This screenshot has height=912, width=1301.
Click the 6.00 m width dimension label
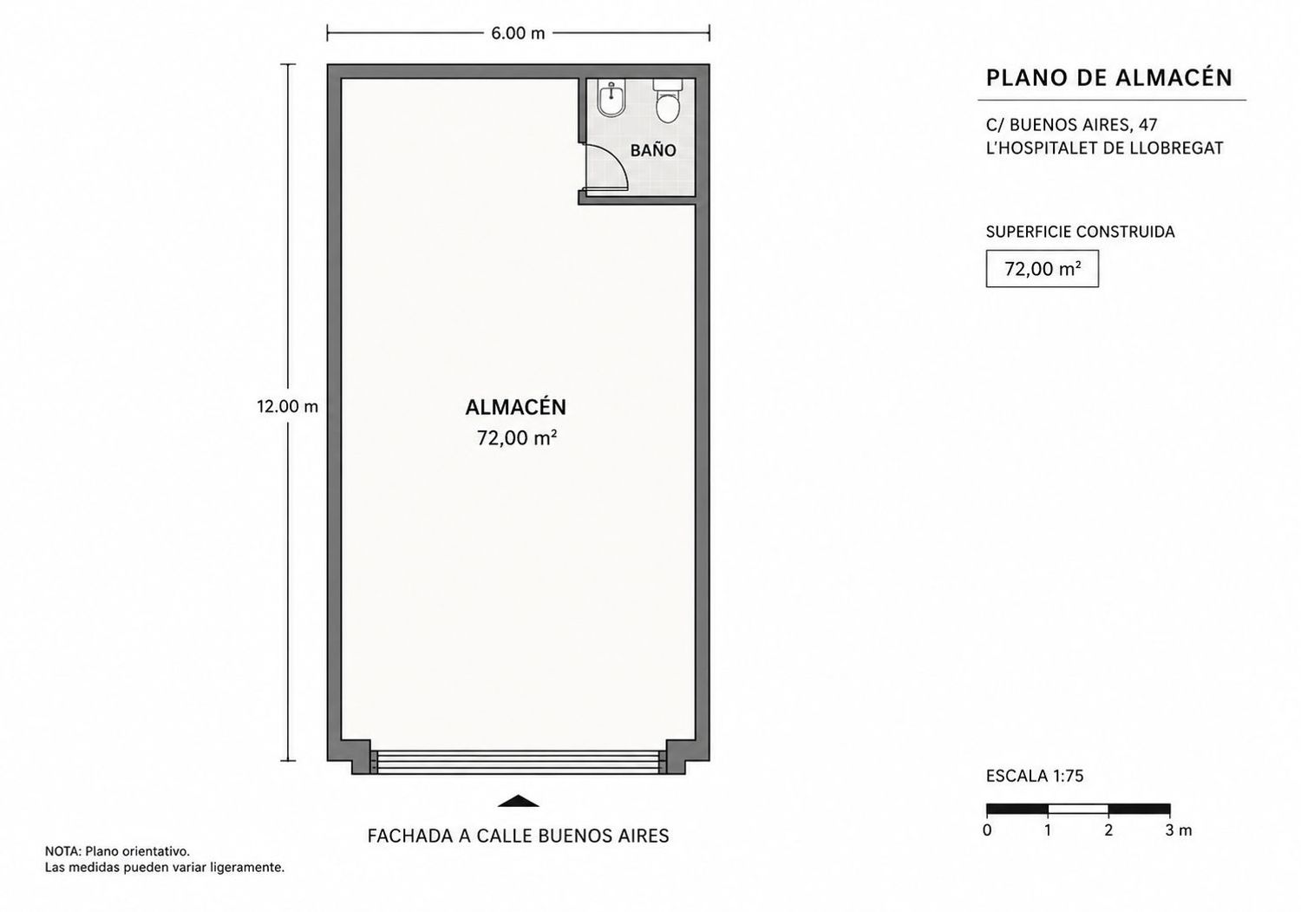click(518, 34)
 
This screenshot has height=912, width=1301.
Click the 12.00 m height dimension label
click(287, 406)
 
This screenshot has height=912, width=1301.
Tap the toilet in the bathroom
click(667, 102)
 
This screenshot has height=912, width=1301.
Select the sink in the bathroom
click(611, 100)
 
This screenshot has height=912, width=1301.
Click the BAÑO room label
click(653, 150)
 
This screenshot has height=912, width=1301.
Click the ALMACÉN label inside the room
click(516, 406)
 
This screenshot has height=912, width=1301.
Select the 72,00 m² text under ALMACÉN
click(517, 437)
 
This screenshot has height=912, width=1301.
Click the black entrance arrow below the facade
click(518, 800)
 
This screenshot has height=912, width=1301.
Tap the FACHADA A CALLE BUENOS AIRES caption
click(518, 836)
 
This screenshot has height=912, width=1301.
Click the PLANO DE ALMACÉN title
click(1108, 78)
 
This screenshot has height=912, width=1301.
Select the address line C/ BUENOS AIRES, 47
click(1071, 124)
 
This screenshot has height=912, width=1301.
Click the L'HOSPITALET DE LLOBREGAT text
click(1105, 148)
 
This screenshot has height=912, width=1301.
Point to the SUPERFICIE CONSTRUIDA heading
click(1081, 232)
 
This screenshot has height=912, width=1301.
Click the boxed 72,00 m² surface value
click(1043, 268)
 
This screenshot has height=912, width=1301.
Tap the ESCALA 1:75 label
click(1035, 776)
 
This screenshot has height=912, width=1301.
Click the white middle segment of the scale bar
click(1078, 809)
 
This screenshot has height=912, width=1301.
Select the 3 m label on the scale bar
click(1179, 830)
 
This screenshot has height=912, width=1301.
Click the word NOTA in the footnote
click(62, 851)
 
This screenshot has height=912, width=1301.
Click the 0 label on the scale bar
click(987, 830)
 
